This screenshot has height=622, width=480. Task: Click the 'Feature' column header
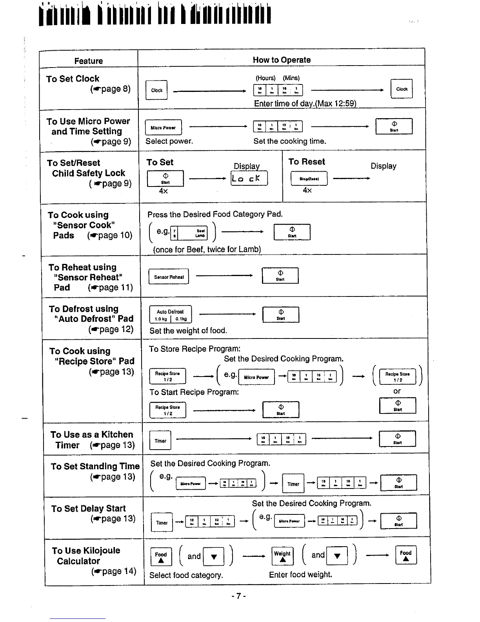89,61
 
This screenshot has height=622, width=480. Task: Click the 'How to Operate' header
282,60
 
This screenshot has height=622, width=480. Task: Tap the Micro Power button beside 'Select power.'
163,127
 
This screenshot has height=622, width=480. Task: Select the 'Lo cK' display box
249,178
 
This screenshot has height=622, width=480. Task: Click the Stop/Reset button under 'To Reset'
309,179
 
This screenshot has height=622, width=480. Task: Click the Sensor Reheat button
169,276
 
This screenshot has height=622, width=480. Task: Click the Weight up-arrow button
282,556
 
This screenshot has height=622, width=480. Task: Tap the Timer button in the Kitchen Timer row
160,441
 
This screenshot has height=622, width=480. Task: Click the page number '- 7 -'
238,596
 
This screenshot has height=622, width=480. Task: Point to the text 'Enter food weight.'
300,574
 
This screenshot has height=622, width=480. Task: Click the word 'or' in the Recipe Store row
397,391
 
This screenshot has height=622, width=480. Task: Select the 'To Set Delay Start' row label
89,509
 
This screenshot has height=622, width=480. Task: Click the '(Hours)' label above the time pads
265,78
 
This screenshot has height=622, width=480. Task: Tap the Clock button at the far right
402,89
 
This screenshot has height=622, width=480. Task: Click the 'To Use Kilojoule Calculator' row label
86,556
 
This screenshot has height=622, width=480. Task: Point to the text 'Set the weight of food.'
188,331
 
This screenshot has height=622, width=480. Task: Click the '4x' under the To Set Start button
163,191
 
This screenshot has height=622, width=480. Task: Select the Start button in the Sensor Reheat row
280,275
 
